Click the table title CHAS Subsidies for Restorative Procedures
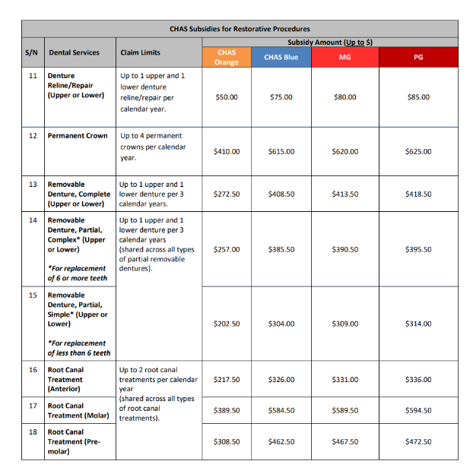point(239,29)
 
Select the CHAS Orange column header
point(227,57)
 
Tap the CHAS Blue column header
point(281,57)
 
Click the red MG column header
point(344,57)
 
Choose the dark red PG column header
point(417,57)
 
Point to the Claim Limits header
point(140,52)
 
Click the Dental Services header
point(74,52)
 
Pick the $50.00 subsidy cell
point(227,97)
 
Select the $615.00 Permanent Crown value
point(281,151)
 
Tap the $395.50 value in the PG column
point(417,249)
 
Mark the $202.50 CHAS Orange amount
point(227,324)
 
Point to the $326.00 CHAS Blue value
point(281,379)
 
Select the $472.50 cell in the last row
point(417,441)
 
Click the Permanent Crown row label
point(78,136)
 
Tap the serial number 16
point(33,370)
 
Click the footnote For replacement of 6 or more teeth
point(77,273)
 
